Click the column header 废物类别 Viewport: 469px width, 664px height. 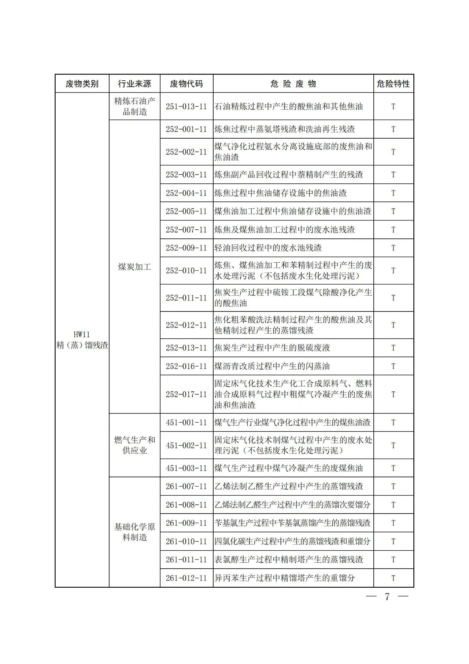82,84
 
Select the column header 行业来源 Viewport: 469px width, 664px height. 134,84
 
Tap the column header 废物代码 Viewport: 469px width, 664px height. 186,84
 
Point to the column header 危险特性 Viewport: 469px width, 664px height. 393,84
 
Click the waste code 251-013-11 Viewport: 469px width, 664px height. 186,107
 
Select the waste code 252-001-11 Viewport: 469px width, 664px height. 186,129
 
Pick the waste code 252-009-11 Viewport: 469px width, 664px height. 186,248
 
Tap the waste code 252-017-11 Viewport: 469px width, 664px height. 186,394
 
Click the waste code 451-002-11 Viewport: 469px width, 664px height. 186,445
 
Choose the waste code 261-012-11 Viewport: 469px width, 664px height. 186,578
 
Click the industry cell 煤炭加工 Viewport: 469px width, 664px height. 134,267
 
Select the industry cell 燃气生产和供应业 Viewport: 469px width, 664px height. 134,445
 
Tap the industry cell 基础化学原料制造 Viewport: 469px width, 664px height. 134,532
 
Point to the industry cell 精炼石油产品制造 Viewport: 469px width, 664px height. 134,106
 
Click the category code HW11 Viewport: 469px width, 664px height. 82,335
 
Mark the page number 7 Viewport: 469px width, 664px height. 387,596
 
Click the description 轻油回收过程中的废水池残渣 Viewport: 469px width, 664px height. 268,248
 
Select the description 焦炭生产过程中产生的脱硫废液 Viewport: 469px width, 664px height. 272,348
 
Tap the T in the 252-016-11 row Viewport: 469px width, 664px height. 393,366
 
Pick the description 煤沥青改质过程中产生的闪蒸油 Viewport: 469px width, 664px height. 272,366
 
